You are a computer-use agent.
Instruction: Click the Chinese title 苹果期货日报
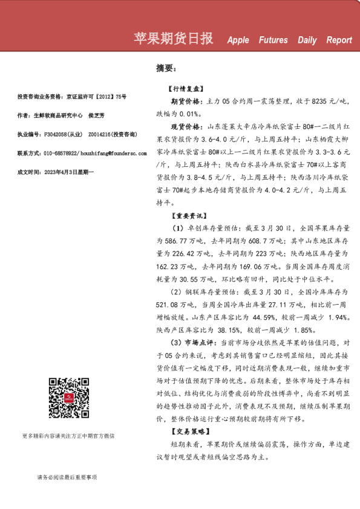click(x=173, y=39)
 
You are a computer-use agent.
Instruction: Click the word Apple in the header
click(x=238, y=41)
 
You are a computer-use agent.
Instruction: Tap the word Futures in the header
click(x=273, y=41)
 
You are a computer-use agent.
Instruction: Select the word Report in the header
click(x=339, y=41)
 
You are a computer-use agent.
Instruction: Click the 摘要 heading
click(x=166, y=68)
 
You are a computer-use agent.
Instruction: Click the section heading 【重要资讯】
click(x=185, y=215)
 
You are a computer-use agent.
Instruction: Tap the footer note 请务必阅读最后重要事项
click(x=67, y=477)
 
